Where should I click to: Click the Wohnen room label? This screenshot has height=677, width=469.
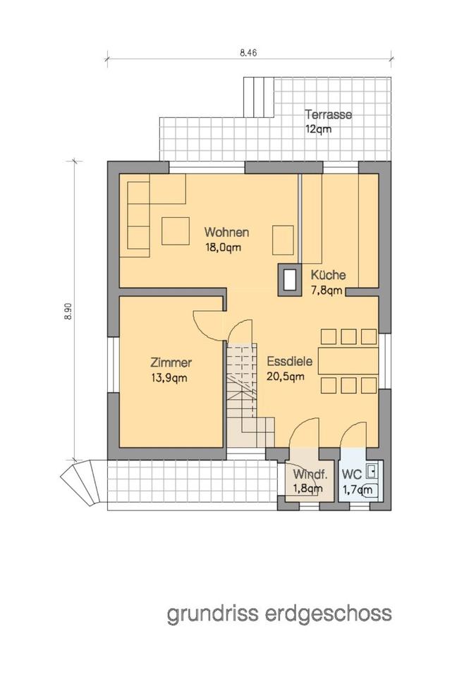tap(226, 232)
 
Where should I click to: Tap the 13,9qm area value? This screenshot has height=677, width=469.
tap(169, 378)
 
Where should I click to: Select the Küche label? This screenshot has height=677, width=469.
tap(328, 274)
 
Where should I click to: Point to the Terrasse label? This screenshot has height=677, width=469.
tap(328, 114)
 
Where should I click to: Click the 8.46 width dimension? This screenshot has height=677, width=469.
tap(248, 53)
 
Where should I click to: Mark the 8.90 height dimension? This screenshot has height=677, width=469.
tap(68, 311)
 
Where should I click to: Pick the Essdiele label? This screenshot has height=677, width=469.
tap(290, 361)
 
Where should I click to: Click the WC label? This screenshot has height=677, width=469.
tap(351, 474)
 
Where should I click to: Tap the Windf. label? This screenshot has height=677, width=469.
tap(310, 474)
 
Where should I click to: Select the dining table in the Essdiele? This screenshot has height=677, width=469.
tap(348, 360)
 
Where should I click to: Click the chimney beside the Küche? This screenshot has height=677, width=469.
tap(289, 279)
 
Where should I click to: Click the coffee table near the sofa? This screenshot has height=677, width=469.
tap(176, 231)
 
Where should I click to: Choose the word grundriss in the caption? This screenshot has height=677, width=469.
tap(213, 614)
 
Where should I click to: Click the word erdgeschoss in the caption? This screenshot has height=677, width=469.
tap(329, 614)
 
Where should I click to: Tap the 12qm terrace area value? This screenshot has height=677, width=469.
tap(318, 129)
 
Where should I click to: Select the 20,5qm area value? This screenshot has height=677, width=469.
tap(286, 377)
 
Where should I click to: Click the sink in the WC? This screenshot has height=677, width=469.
tap(370, 471)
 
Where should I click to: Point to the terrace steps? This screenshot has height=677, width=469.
tap(259, 97)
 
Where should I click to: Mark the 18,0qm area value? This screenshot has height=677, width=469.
tap(223, 248)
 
